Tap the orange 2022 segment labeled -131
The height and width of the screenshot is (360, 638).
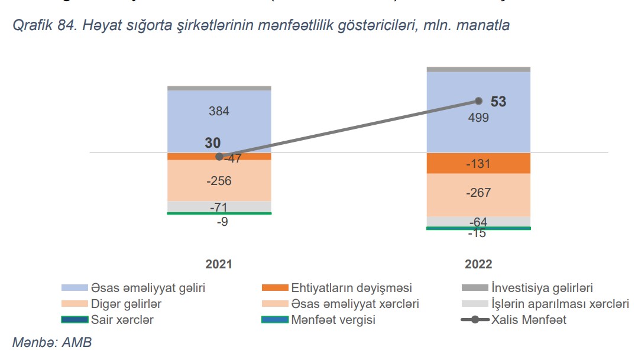(x=478, y=164)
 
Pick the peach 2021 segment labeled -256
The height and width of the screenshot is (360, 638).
(x=219, y=181)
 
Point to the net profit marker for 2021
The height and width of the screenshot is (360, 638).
(x=219, y=157)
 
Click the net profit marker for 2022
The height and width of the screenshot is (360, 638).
(x=479, y=101)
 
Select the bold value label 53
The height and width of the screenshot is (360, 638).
(x=498, y=102)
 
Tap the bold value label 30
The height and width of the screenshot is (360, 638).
(x=213, y=143)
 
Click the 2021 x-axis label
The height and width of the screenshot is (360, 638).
(x=219, y=264)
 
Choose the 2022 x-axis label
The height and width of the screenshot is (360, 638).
(x=478, y=264)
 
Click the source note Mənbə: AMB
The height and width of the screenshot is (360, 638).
(x=52, y=343)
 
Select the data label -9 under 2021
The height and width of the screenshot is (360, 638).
(x=222, y=222)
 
